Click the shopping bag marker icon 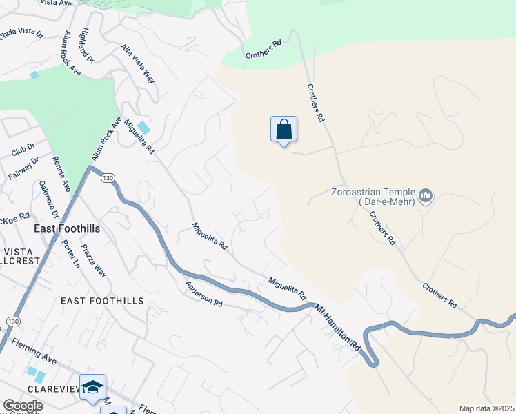284,129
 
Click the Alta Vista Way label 138,63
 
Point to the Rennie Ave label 61,174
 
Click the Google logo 23,406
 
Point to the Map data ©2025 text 486,408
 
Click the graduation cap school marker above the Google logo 92,387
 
